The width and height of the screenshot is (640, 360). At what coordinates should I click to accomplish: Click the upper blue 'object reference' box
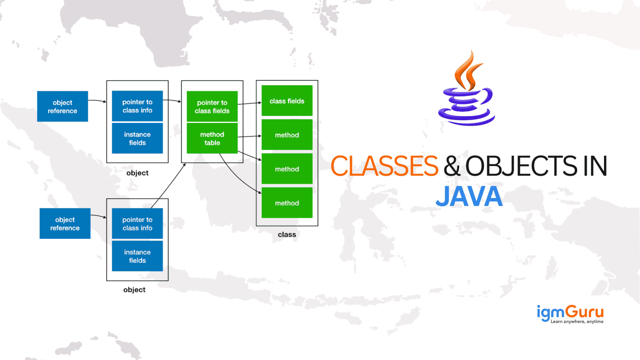click(x=63, y=106)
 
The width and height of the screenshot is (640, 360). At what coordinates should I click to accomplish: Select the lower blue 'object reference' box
click(x=65, y=224)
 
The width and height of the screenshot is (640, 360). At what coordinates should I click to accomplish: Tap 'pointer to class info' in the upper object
click(x=137, y=106)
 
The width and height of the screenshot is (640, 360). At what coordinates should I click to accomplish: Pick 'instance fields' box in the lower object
click(x=137, y=256)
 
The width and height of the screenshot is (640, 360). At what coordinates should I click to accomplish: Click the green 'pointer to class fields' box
click(x=212, y=106)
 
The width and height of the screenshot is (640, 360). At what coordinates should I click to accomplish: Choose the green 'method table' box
click(x=212, y=138)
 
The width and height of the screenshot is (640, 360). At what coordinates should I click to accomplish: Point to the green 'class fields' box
click(x=287, y=101)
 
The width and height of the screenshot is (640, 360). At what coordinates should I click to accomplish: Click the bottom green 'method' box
click(x=287, y=203)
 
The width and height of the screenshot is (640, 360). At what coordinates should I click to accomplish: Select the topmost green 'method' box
click(x=287, y=135)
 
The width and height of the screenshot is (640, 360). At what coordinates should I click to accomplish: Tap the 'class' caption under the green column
click(x=287, y=235)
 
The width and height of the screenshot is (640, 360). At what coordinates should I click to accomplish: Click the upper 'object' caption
click(x=137, y=173)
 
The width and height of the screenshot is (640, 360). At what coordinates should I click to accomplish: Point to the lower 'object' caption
click(x=134, y=290)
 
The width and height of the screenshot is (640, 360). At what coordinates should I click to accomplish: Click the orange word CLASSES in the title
click(x=384, y=166)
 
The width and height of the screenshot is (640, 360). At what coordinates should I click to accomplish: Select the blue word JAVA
click(x=469, y=197)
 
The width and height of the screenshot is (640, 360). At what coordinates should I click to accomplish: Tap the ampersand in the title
click(x=452, y=166)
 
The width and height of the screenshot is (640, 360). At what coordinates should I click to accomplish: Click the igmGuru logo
click(x=570, y=313)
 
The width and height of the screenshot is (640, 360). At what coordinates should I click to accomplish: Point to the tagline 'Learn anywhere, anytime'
click(x=577, y=322)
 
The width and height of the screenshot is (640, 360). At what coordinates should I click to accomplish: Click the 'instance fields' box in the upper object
click(x=137, y=138)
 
